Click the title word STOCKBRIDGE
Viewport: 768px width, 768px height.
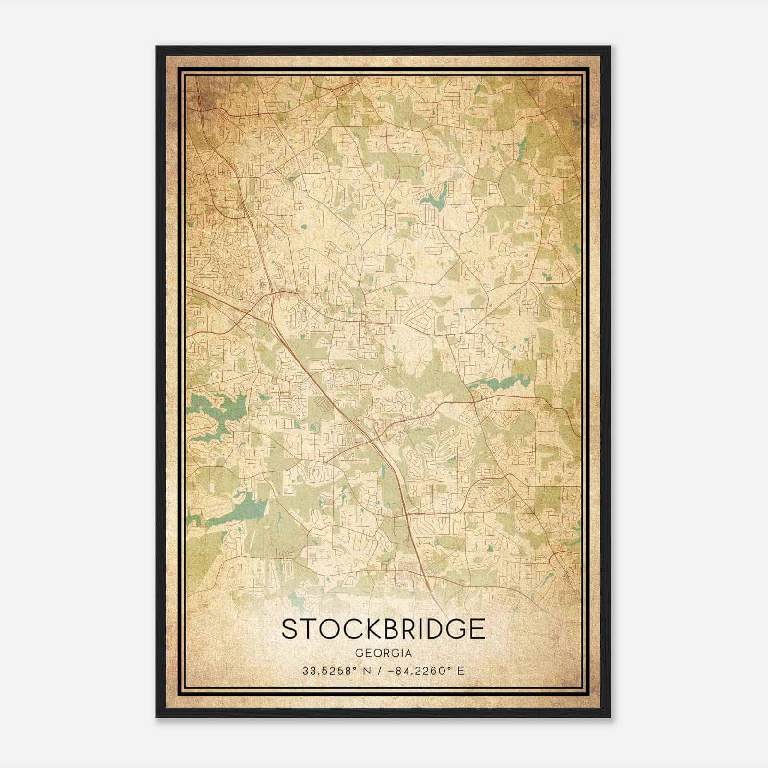383,629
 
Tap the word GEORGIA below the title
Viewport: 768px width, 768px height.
383,653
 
